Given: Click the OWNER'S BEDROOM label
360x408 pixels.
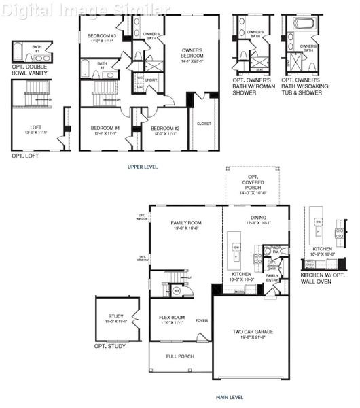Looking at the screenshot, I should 193,54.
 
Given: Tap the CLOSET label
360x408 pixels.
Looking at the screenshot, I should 204,124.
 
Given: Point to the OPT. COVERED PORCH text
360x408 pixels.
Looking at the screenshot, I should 255,183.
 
